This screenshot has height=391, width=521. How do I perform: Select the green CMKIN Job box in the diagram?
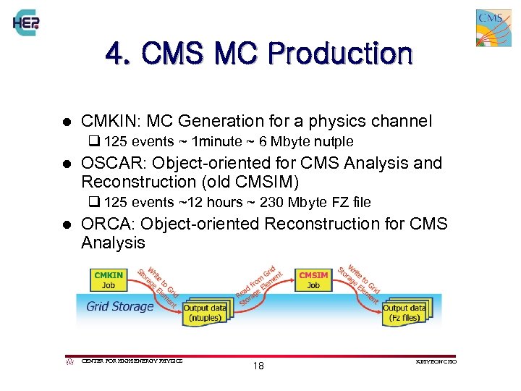coord(109,279)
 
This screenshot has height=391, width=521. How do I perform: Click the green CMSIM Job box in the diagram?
coord(313,279)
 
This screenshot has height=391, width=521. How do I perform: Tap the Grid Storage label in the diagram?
coord(119,306)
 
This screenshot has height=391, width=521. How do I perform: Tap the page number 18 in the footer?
coord(258,366)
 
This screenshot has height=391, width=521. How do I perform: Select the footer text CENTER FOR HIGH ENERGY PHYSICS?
coord(132,361)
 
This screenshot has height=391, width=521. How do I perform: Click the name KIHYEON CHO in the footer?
coord(436,361)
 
